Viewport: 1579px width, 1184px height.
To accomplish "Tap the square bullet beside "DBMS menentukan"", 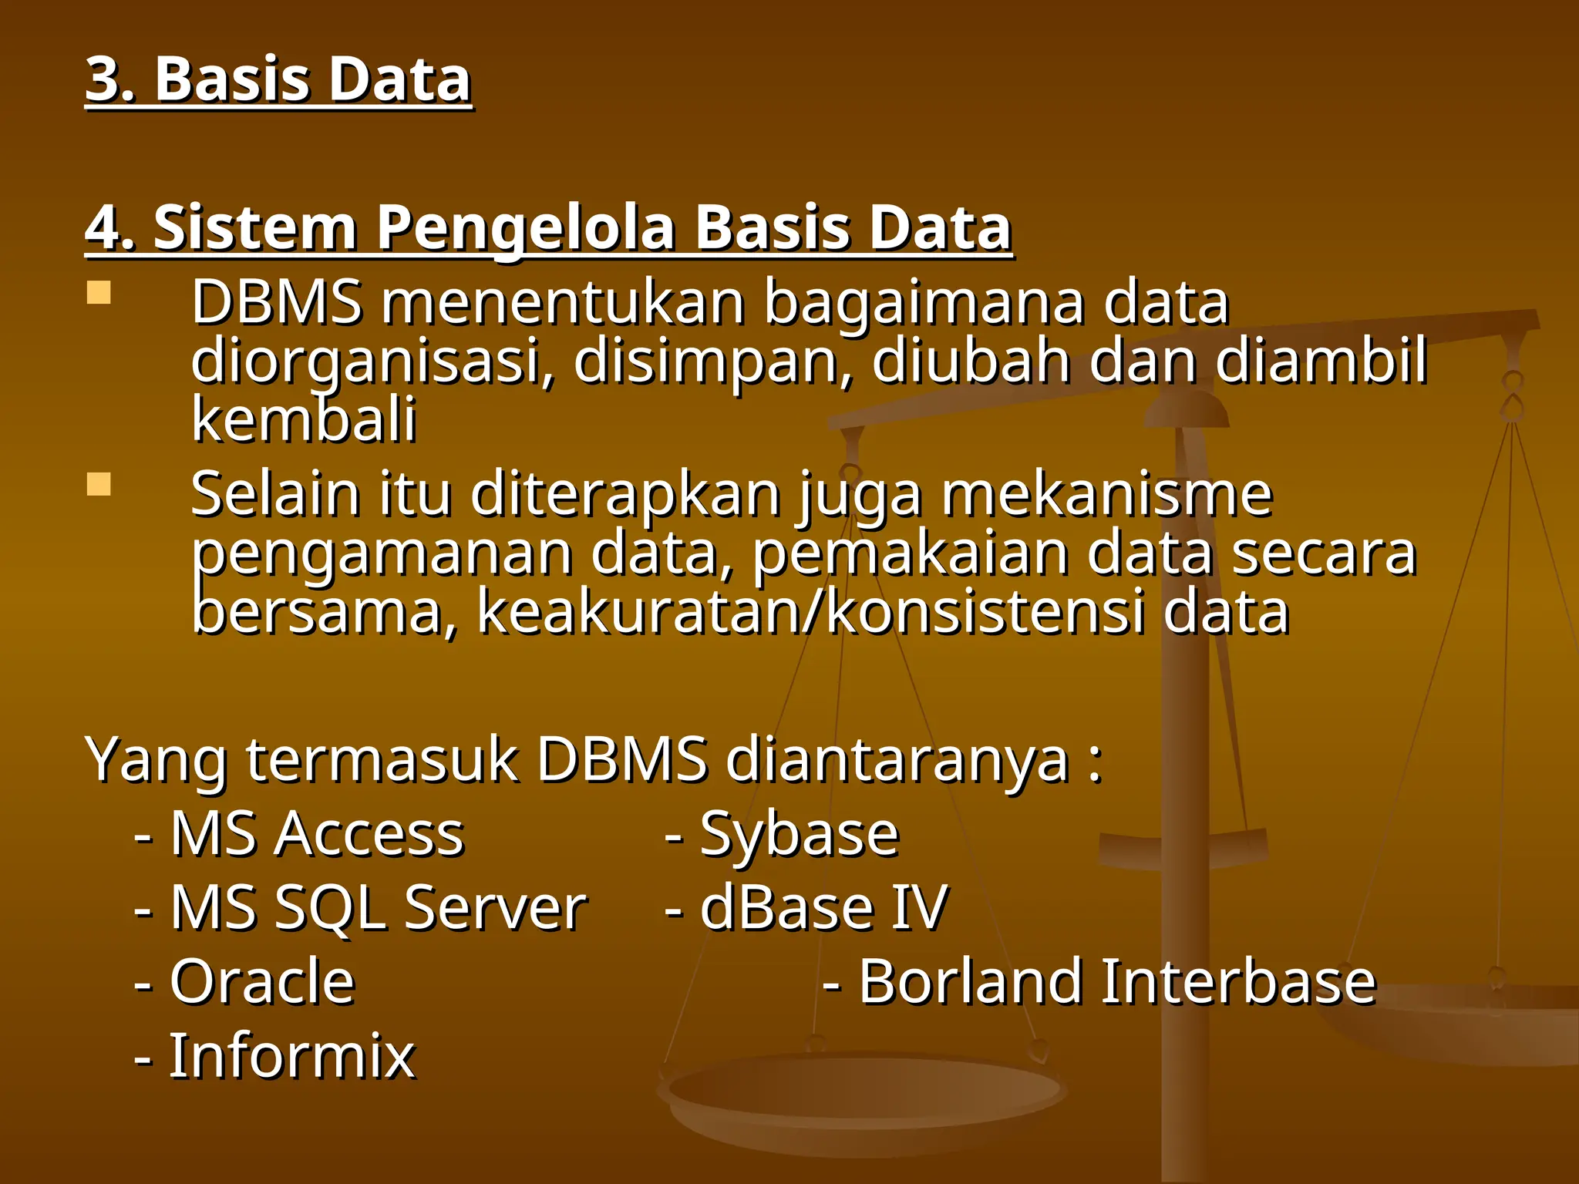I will click(x=99, y=293).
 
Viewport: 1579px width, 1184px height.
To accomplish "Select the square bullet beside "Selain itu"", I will click(x=99, y=484).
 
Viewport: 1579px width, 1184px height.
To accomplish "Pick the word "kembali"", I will click(x=304, y=420).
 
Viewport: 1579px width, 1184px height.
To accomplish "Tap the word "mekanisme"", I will click(x=1106, y=495).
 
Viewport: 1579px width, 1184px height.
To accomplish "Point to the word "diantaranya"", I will click(x=898, y=760).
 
